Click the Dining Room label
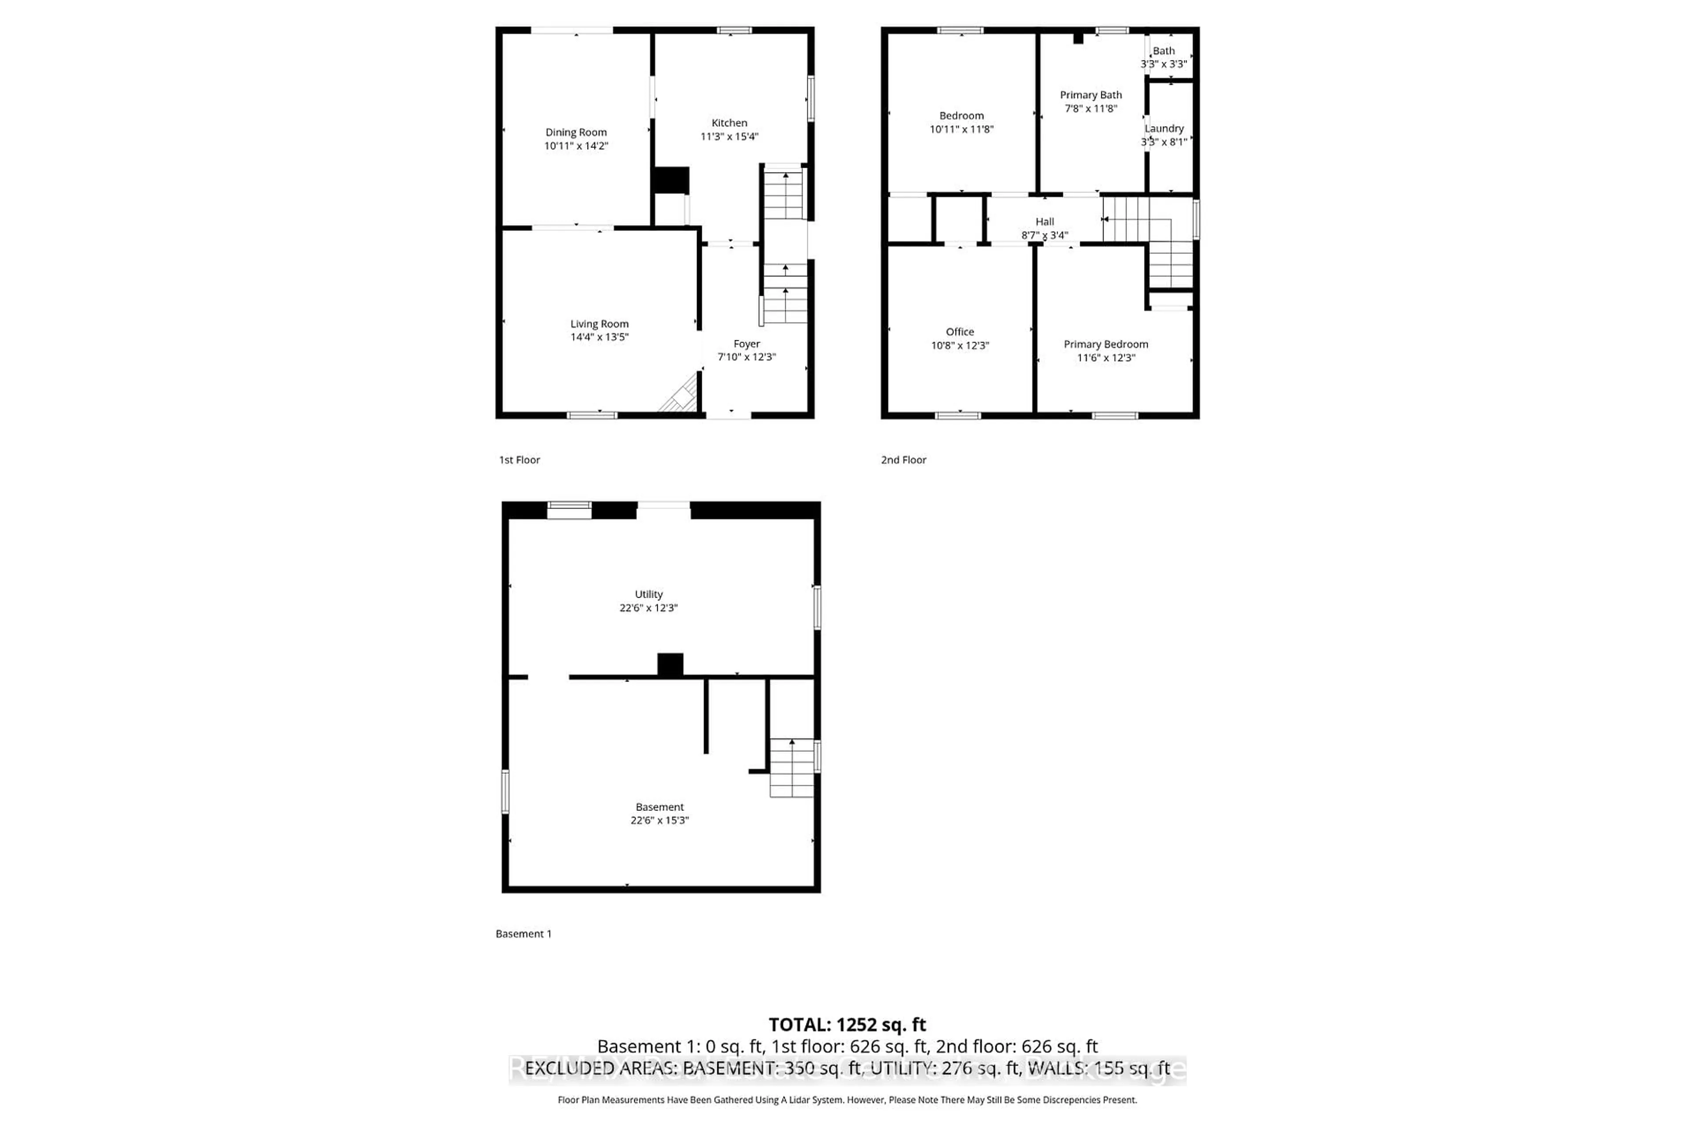pyautogui.click(x=576, y=132)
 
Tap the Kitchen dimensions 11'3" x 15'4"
pyautogui.click(x=729, y=137)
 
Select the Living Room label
pyautogui.click(x=599, y=324)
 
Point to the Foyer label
pyautogui.click(x=746, y=344)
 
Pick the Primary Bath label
pyautogui.click(x=1090, y=95)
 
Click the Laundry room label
pyautogui.click(x=1164, y=129)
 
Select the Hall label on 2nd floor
pyautogui.click(x=1044, y=222)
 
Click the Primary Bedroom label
pyautogui.click(x=1105, y=344)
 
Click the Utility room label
pyautogui.click(x=648, y=595)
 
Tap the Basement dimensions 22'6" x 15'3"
pyautogui.click(x=659, y=820)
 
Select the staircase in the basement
pyautogui.click(x=792, y=768)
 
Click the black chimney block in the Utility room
pyautogui.click(x=670, y=664)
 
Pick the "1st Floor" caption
pyautogui.click(x=520, y=460)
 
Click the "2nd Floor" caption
pyautogui.click(x=903, y=460)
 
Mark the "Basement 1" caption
pyautogui.click(x=523, y=934)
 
